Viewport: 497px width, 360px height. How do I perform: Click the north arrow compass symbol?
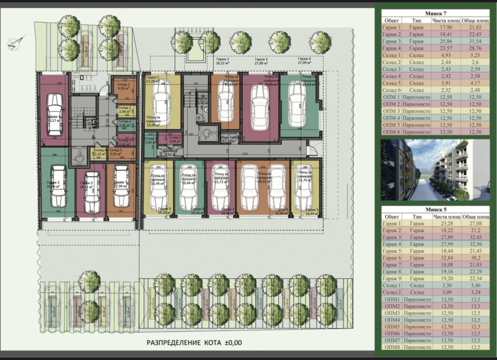point(16,43)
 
